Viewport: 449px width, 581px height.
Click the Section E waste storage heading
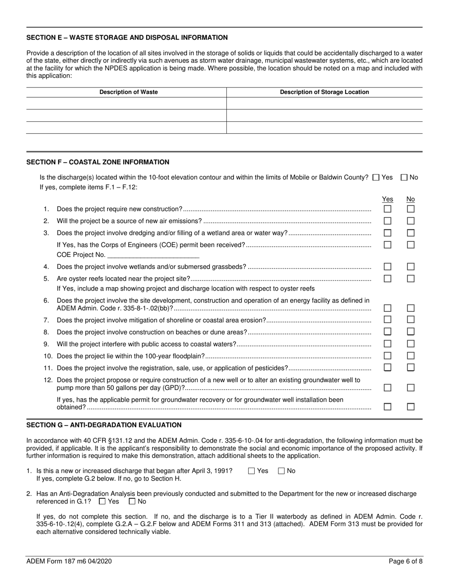pyautogui.click(x=127, y=37)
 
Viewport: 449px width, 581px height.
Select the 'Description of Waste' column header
pyautogui.click(x=129, y=92)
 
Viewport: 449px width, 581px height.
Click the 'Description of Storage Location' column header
pyautogui.click(x=324, y=92)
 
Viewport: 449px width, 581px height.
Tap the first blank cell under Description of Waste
pyautogui.click(x=126, y=103)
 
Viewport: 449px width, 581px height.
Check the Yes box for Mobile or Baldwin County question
pyautogui.click(x=376, y=178)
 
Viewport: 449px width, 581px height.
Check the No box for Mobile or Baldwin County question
pyautogui.click(x=404, y=178)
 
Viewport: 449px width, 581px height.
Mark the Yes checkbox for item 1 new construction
pyautogui.click(x=387, y=209)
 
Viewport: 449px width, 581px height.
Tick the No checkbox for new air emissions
pyautogui.click(x=411, y=221)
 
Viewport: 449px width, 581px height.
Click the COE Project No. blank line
pyautogui.click(x=153, y=255)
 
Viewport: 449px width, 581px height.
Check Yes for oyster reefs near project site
pyautogui.click(x=387, y=279)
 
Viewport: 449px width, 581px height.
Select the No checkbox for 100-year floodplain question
pyautogui.click(x=411, y=356)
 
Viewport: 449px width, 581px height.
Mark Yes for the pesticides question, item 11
pyautogui.click(x=387, y=367)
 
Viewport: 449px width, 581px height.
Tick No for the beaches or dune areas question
pyautogui.click(x=411, y=332)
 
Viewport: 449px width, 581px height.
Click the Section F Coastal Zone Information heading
pyautogui.click(x=98, y=162)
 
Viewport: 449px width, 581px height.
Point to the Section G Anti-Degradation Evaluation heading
pyautogui.click(x=104, y=425)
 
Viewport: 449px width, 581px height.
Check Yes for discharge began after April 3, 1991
pyautogui.click(x=251, y=471)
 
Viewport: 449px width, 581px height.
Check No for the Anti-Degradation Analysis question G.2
pyautogui.click(x=132, y=502)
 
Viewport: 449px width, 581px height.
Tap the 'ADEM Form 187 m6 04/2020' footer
pyautogui.click(x=69, y=562)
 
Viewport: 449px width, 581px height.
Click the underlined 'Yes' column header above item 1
pyautogui.click(x=387, y=199)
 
